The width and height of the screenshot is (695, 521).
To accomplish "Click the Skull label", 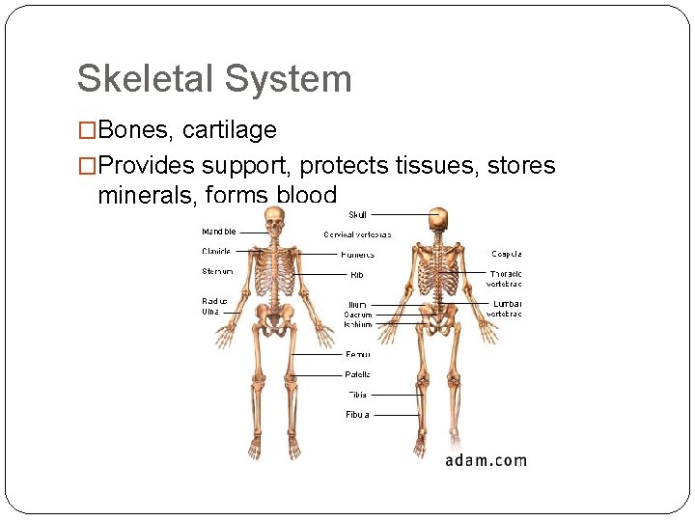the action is coord(357,214).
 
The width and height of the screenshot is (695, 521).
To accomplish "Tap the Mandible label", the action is coord(218,232).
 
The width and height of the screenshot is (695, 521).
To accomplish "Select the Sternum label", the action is coord(217,272).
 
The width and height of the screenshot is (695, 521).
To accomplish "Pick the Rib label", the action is coord(356,275).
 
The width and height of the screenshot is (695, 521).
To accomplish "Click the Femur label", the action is coord(357,354).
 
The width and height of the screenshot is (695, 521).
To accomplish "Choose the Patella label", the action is coord(357,374).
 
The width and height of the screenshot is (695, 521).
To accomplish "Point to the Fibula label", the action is coord(357,415).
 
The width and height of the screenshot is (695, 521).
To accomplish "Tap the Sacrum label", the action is coord(357,315).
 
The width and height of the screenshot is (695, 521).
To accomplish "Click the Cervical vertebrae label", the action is coord(357,234).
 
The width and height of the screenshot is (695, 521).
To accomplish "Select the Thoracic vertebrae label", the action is coord(505,279).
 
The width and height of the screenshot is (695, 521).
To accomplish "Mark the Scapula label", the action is coord(507,255).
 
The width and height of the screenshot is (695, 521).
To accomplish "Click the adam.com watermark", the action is coord(486,460).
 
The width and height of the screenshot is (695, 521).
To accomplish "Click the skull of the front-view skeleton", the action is coord(275,224).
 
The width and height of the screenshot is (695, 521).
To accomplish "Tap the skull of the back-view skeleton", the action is coord(440,219).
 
